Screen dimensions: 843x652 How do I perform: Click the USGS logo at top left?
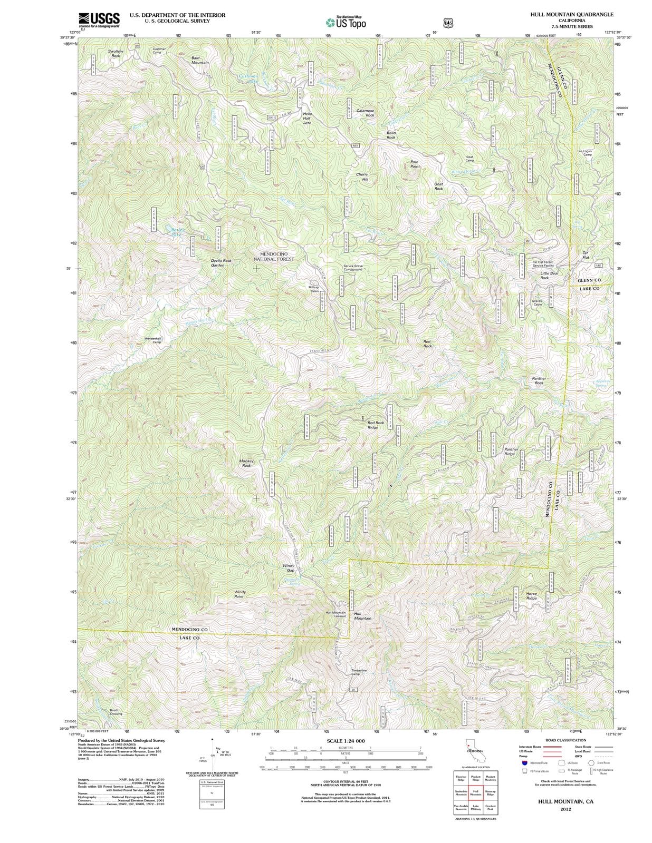(x=99, y=19)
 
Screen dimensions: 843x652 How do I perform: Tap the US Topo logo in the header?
(x=346, y=22)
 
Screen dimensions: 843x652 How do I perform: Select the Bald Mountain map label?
(x=200, y=60)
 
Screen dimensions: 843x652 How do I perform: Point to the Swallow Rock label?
(x=116, y=53)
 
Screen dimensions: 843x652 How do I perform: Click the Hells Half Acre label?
(x=307, y=119)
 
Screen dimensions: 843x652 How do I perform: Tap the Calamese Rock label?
(x=366, y=113)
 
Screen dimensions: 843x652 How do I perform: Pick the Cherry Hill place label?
(x=362, y=177)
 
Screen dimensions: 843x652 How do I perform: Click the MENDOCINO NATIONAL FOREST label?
(x=273, y=257)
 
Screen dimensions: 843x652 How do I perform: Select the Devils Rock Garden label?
(x=220, y=262)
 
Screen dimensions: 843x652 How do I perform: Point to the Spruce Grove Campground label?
(x=353, y=268)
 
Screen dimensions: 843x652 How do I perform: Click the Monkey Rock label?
(x=246, y=463)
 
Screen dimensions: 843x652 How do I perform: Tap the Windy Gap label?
(x=289, y=568)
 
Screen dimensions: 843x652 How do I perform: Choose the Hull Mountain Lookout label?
(x=335, y=614)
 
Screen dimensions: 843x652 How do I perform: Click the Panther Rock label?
(x=539, y=380)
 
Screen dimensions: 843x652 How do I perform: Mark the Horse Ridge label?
(x=531, y=596)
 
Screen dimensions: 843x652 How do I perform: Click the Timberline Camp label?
(x=359, y=672)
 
